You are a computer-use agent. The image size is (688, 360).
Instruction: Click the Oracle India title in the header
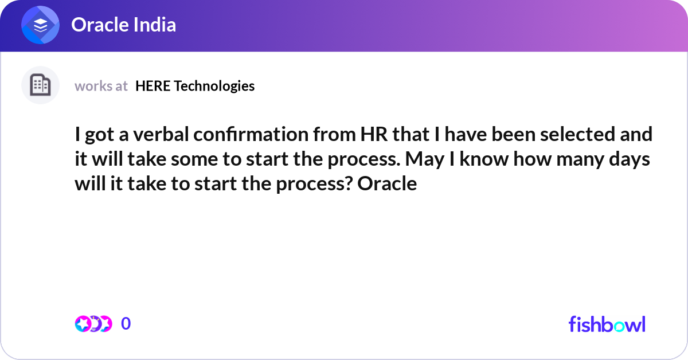[x=123, y=25]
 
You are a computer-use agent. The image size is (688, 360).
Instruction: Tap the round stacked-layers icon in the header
[x=41, y=25]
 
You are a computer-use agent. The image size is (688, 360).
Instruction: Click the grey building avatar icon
[x=40, y=85]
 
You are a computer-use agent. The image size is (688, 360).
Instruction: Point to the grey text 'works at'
[x=101, y=86]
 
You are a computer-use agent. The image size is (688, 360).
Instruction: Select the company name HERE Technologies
[x=195, y=86]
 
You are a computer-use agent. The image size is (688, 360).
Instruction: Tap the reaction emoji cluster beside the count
[x=93, y=324]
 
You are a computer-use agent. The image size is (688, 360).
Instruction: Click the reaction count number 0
[x=126, y=324]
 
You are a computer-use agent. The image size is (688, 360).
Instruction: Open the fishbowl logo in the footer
[x=607, y=324]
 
